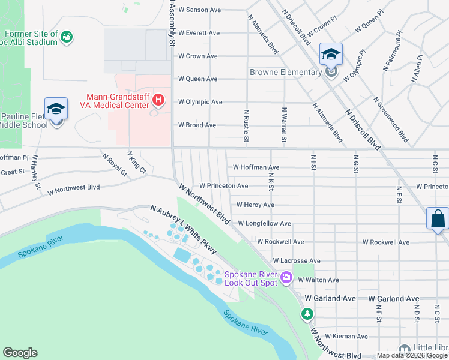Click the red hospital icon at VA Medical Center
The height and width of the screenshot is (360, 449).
pos(158,99)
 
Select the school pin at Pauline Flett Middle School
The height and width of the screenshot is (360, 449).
pos(56,109)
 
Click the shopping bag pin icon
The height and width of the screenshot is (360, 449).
pos(438,218)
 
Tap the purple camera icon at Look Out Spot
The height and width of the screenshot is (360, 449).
pos(286,277)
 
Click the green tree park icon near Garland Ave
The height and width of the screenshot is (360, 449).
pos(307,314)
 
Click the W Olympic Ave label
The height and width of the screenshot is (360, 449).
pos(200,102)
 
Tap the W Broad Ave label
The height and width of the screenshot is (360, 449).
pos(197,125)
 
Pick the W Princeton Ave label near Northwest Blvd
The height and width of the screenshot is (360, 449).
pos(223,186)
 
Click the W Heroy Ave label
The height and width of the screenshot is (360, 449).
pos(255,205)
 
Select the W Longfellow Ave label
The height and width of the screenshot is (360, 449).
pos(264,223)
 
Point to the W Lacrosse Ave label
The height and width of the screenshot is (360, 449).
pos(296,261)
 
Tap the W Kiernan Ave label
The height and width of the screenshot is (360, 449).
pos(346,337)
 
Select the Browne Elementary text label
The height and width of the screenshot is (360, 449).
pos(286,73)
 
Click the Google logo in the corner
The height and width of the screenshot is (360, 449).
pos(20,353)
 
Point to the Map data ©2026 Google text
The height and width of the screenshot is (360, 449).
pos(412,355)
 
